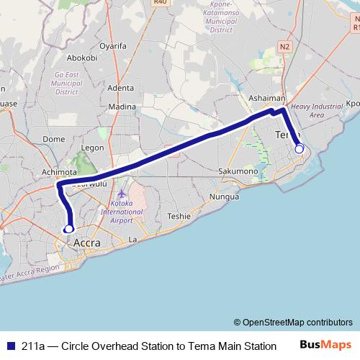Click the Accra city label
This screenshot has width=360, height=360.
click(87, 243)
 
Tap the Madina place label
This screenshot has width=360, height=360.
click(122, 107)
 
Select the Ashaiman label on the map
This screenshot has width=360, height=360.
click(266, 98)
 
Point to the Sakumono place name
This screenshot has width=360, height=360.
click(238, 171)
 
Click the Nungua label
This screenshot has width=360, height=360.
click(224, 197)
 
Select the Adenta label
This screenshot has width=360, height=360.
click(120, 88)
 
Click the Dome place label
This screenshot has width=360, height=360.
click(54, 139)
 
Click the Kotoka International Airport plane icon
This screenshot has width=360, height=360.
click(122, 194)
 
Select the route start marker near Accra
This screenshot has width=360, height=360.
click(69, 229)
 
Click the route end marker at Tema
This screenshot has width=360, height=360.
click(299, 148)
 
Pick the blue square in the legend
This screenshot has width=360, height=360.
click(9, 346)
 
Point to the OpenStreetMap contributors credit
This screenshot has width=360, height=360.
click(293, 322)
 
